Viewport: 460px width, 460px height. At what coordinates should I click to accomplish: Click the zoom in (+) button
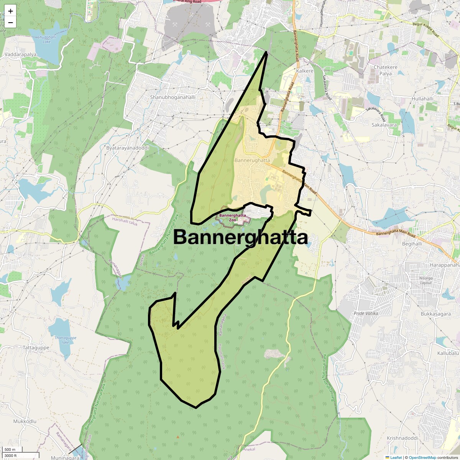click(x=10, y=11)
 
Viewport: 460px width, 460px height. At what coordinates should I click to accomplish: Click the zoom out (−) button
click(x=10, y=23)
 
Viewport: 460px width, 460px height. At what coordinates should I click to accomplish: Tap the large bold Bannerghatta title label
click(x=240, y=237)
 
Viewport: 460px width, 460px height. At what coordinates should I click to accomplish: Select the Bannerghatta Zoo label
click(x=233, y=218)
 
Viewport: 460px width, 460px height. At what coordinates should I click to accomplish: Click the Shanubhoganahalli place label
click(x=173, y=97)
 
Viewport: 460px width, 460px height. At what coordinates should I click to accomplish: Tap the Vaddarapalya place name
click(x=20, y=54)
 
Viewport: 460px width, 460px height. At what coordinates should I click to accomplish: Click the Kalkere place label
click(x=305, y=71)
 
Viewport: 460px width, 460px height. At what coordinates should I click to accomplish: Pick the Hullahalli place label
click(x=422, y=99)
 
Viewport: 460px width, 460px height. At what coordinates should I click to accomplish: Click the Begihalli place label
click(x=412, y=243)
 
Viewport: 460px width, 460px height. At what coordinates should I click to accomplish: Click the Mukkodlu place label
click(x=25, y=421)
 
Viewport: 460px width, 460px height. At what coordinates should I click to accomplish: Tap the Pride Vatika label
click(x=366, y=313)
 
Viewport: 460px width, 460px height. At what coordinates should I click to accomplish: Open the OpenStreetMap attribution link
click(x=422, y=457)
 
